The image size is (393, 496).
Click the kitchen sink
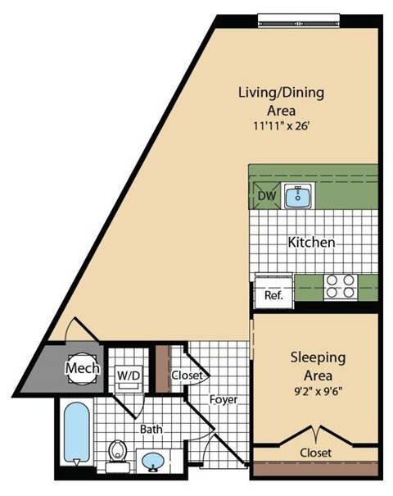pos(296,195)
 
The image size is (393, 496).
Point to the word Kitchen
pos(311,243)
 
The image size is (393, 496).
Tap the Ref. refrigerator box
pos(272,294)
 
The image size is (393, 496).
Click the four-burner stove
pos(341,287)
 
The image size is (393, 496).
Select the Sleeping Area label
pos(315,367)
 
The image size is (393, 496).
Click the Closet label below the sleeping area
pos(315,452)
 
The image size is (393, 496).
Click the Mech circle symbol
pos(83,368)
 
